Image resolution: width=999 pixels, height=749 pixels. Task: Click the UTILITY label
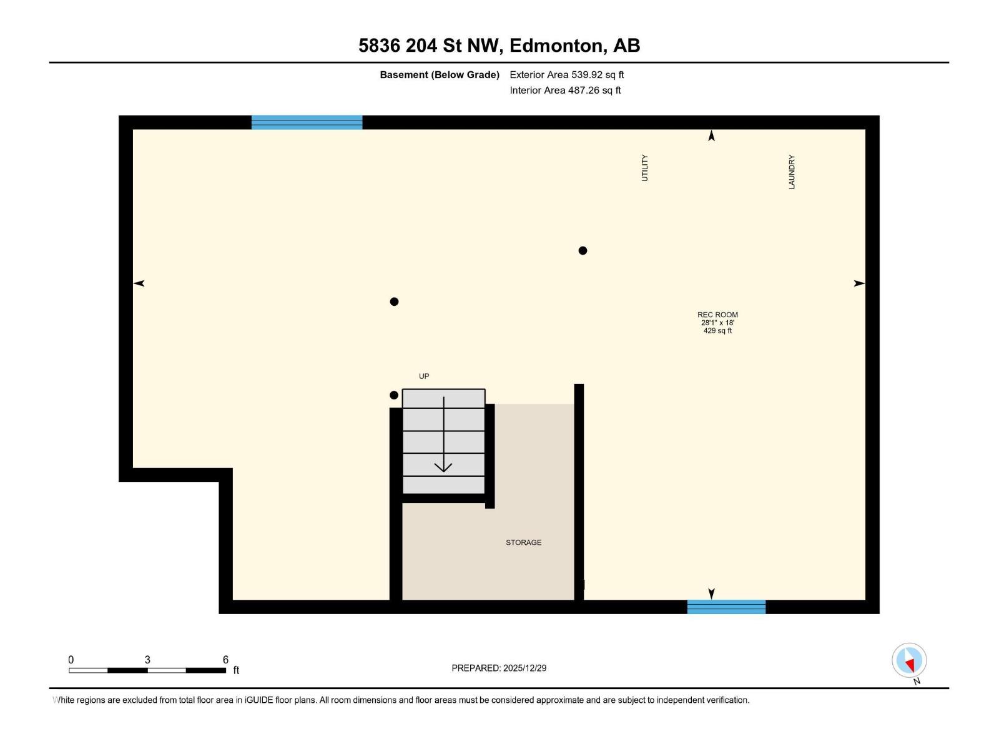pyautogui.click(x=645, y=168)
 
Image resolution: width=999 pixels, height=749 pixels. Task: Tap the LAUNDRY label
pyautogui.click(x=792, y=172)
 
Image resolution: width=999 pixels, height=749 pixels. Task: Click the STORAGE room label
pyautogui.click(x=523, y=542)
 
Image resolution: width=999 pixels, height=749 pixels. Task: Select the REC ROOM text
pyautogui.click(x=717, y=315)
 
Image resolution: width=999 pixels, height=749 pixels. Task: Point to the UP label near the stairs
pyautogui.click(x=424, y=376)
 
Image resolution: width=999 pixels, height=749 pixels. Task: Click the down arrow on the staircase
pyautogui.click(x=443, y=466)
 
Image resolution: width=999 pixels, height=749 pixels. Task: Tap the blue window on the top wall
pyautogui.click(x=307, y=122)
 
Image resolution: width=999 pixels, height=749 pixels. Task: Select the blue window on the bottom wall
pyautogui.click(x=726, y=607)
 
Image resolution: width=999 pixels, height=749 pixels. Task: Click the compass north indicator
pyautogui.click(x=909, y=660)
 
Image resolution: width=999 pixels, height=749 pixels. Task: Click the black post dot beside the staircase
pyautogui.click(x=394, y=395)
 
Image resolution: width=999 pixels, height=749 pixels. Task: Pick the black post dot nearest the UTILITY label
pyautogui.click(x=583, y=251)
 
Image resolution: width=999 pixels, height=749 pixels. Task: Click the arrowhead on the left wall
pyautogui.click(x=139, y=283)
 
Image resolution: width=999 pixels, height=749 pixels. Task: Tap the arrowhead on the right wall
pyautogui.click(x=859, y=283)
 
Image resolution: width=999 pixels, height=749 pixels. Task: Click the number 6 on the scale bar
pyautogui.click(x=225, y=660)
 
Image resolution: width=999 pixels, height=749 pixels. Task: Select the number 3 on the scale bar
pyautogui.click(x=147, y=660)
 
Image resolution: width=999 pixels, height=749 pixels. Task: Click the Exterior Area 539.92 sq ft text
pyautogui.click(x=566, y=75)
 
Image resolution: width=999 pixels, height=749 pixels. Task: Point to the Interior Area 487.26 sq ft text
pyautogui.click(x=565, y=91)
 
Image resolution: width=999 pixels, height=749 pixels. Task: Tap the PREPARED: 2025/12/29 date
pyautogui.click(x=499, y=668)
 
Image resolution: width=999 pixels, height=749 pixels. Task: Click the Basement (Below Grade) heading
pyautogui.click(x=440, y=75)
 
